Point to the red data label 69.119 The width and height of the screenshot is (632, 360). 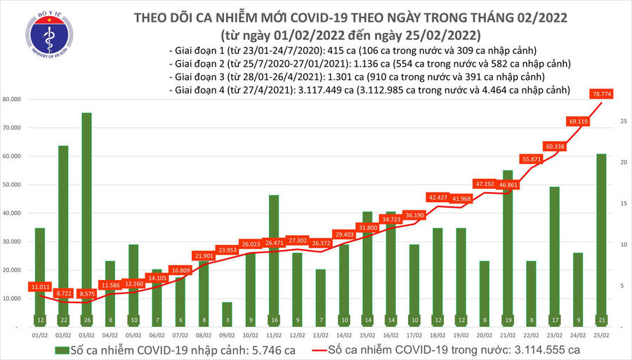point(580,121)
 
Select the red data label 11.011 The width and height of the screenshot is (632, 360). point(40,287)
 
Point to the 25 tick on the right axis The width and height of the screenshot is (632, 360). point(623,121)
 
